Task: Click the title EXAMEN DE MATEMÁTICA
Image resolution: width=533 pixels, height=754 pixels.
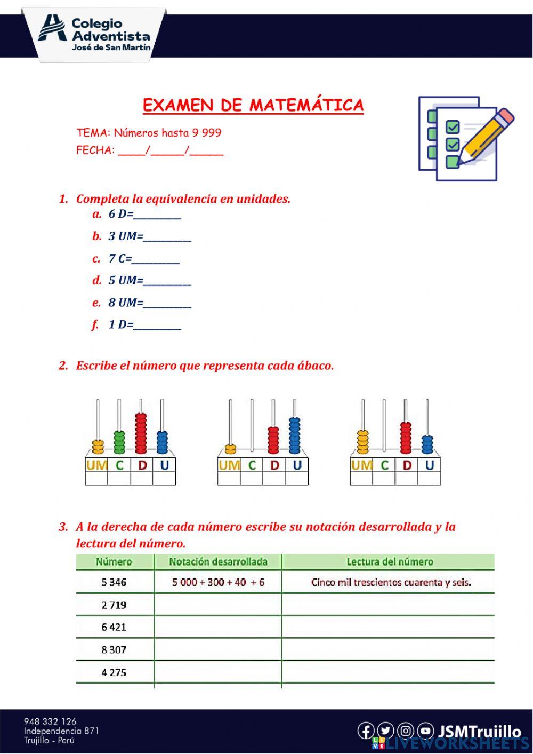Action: click(x=253, y=105)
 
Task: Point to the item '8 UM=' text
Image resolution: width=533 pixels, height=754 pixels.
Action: click(x=126, y=303)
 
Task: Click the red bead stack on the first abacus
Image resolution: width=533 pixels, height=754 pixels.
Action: click(x=141, y=433)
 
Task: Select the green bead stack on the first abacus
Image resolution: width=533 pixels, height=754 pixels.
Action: click(x=119, y=442)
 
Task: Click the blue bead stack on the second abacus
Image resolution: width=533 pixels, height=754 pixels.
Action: click(x=295, y=435)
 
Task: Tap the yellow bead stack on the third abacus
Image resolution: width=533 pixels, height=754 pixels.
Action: click(x=362, y=442)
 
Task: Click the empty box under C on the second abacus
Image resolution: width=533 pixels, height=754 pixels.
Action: click(x=252, y=478)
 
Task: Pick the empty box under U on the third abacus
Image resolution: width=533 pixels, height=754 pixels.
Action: click(x=429, y=478)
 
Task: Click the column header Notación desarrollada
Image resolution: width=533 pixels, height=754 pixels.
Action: click(x=218, y=561)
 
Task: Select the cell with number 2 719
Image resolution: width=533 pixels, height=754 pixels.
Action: click(x=114, y=605)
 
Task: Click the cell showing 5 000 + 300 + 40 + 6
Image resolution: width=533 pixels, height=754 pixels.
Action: click(x=218, y=582)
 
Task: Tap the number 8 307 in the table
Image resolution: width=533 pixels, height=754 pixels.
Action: click(x=114, y=649)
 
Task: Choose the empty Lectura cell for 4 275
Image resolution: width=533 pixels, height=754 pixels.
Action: click(x=388, y=672)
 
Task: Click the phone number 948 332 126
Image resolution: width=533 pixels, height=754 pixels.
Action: click(x=50, y=721)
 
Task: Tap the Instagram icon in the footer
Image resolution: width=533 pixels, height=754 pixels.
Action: click(x=406, y=731)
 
